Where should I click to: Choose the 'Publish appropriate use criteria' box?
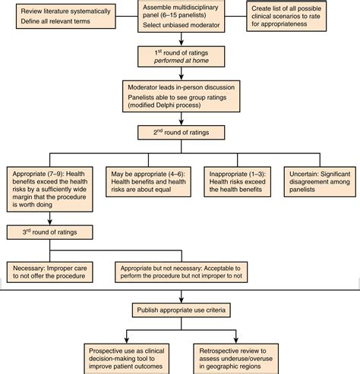click(180, 311)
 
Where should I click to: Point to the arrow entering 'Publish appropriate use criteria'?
click(180, 297)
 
